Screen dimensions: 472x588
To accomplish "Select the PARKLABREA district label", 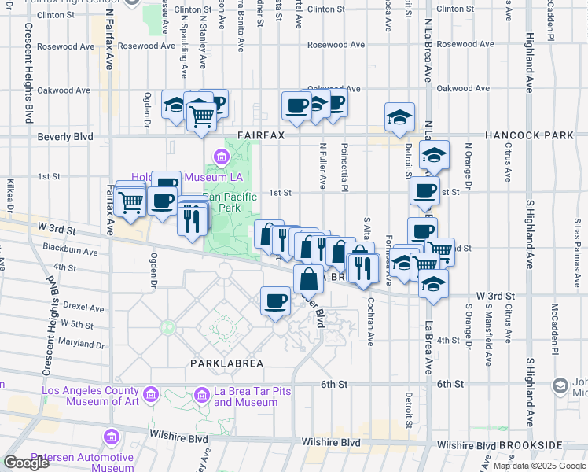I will coord(224,363).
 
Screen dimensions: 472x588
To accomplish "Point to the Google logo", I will coord(26,463).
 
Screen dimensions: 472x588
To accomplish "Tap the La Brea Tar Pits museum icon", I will coord(202,393).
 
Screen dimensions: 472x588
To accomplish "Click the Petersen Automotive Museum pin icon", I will coord(112,436).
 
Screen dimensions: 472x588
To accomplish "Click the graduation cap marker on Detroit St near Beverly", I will coord(399,116).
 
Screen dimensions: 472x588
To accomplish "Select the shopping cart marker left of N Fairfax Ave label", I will coord(130,201).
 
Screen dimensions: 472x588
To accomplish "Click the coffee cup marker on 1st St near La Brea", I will coord(424,190).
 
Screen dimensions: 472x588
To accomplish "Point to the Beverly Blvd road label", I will coord(65,137).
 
